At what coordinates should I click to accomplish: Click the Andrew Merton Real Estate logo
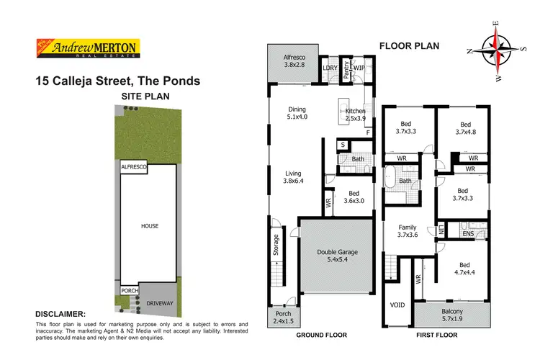click(88, 48)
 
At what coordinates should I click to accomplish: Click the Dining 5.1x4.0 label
click(297, 112)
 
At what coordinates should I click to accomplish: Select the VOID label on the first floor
click(397, 305)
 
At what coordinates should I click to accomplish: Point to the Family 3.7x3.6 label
click(407, 231)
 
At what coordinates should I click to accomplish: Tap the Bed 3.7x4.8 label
click(465, 127)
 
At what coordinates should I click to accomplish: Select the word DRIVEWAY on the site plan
click(159, 303)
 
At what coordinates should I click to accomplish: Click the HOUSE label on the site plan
click(149, 226)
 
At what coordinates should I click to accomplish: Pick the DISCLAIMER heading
click(61, 315)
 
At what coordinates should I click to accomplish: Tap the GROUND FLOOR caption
click(322, 336)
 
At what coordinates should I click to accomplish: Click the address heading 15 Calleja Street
click(118, 81)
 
